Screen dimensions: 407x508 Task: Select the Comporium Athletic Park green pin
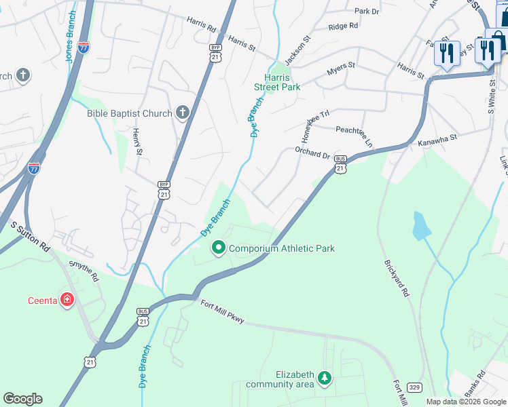[218, 248]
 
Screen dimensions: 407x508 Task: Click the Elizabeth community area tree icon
[325, 378]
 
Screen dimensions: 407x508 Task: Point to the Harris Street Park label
[277, 82]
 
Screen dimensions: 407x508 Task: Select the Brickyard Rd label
[397, 277]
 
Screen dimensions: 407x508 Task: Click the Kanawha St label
[437, 140]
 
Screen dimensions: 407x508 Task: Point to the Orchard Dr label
[312, 153]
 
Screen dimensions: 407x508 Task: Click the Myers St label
[341, 67]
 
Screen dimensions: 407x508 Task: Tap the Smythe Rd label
[83, 270]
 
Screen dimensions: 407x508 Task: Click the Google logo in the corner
[22, 398]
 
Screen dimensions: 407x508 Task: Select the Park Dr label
[366, 12]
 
